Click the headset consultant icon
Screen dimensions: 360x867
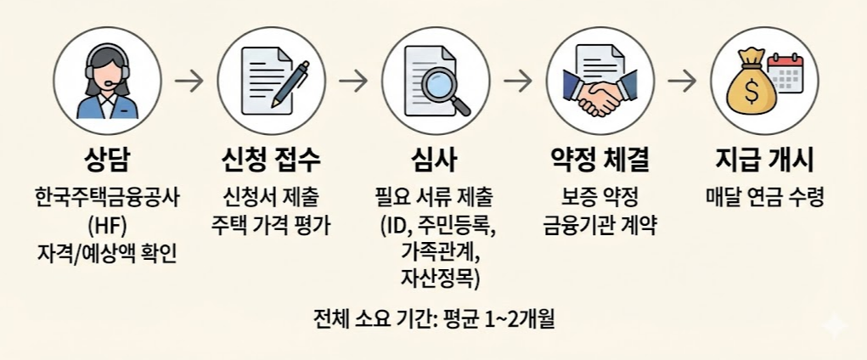coord(107,82)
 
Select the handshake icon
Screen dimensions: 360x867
coord(600,95)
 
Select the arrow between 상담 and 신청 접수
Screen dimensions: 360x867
coord(189,82)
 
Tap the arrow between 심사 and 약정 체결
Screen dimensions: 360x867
coord(517,82)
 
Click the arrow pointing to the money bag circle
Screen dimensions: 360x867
coord(681,82)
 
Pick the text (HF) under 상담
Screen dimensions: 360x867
coord(107,226)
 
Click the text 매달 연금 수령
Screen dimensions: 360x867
coord(763,198)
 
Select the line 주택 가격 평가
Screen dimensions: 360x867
coord(271,226)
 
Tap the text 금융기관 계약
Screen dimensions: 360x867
coord(600,226)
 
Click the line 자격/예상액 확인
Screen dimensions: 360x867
coord(107,253)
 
